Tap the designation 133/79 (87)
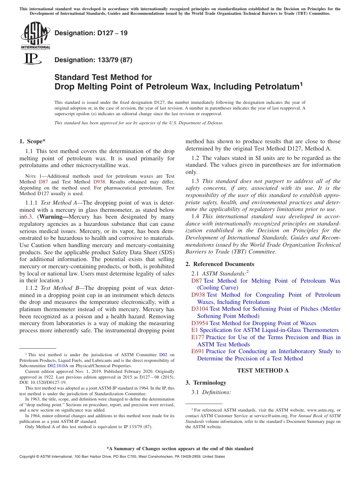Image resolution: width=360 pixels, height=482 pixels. point(93,60)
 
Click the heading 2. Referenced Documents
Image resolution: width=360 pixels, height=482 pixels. point(220,264)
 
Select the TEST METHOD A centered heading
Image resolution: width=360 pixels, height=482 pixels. point(263,371)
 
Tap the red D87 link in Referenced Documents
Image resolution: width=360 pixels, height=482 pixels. point(196,281)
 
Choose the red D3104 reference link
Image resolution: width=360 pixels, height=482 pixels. point(199,309)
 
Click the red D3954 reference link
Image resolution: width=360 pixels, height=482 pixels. point(199,323)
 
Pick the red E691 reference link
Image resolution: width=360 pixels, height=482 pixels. point(198,351)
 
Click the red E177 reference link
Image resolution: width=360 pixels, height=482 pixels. point(198,337)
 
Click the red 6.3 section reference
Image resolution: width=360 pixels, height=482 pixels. point(28,217)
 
